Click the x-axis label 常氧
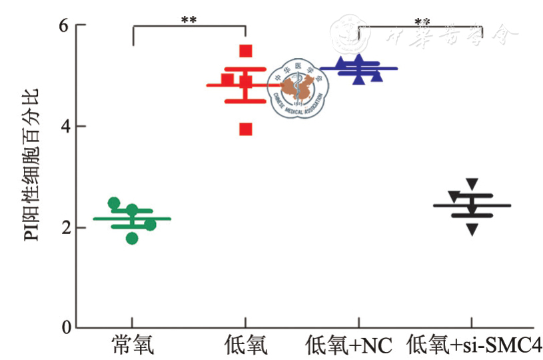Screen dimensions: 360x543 (x=133, y=345)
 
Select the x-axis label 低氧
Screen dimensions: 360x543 (x=245, y=345)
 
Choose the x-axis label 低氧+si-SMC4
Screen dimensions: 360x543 (x=474, y=345)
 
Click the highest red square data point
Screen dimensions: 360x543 (x=246, y=51)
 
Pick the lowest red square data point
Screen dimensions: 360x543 (x=246, y=129)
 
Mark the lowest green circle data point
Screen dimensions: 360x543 (x=132, y=237)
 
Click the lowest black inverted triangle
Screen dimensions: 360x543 (x=472, y=230)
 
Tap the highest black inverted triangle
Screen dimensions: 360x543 (x=472, y=183)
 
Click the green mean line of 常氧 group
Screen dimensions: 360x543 (x=160, y=218)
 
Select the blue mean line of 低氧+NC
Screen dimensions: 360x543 (x=386, y=68)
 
